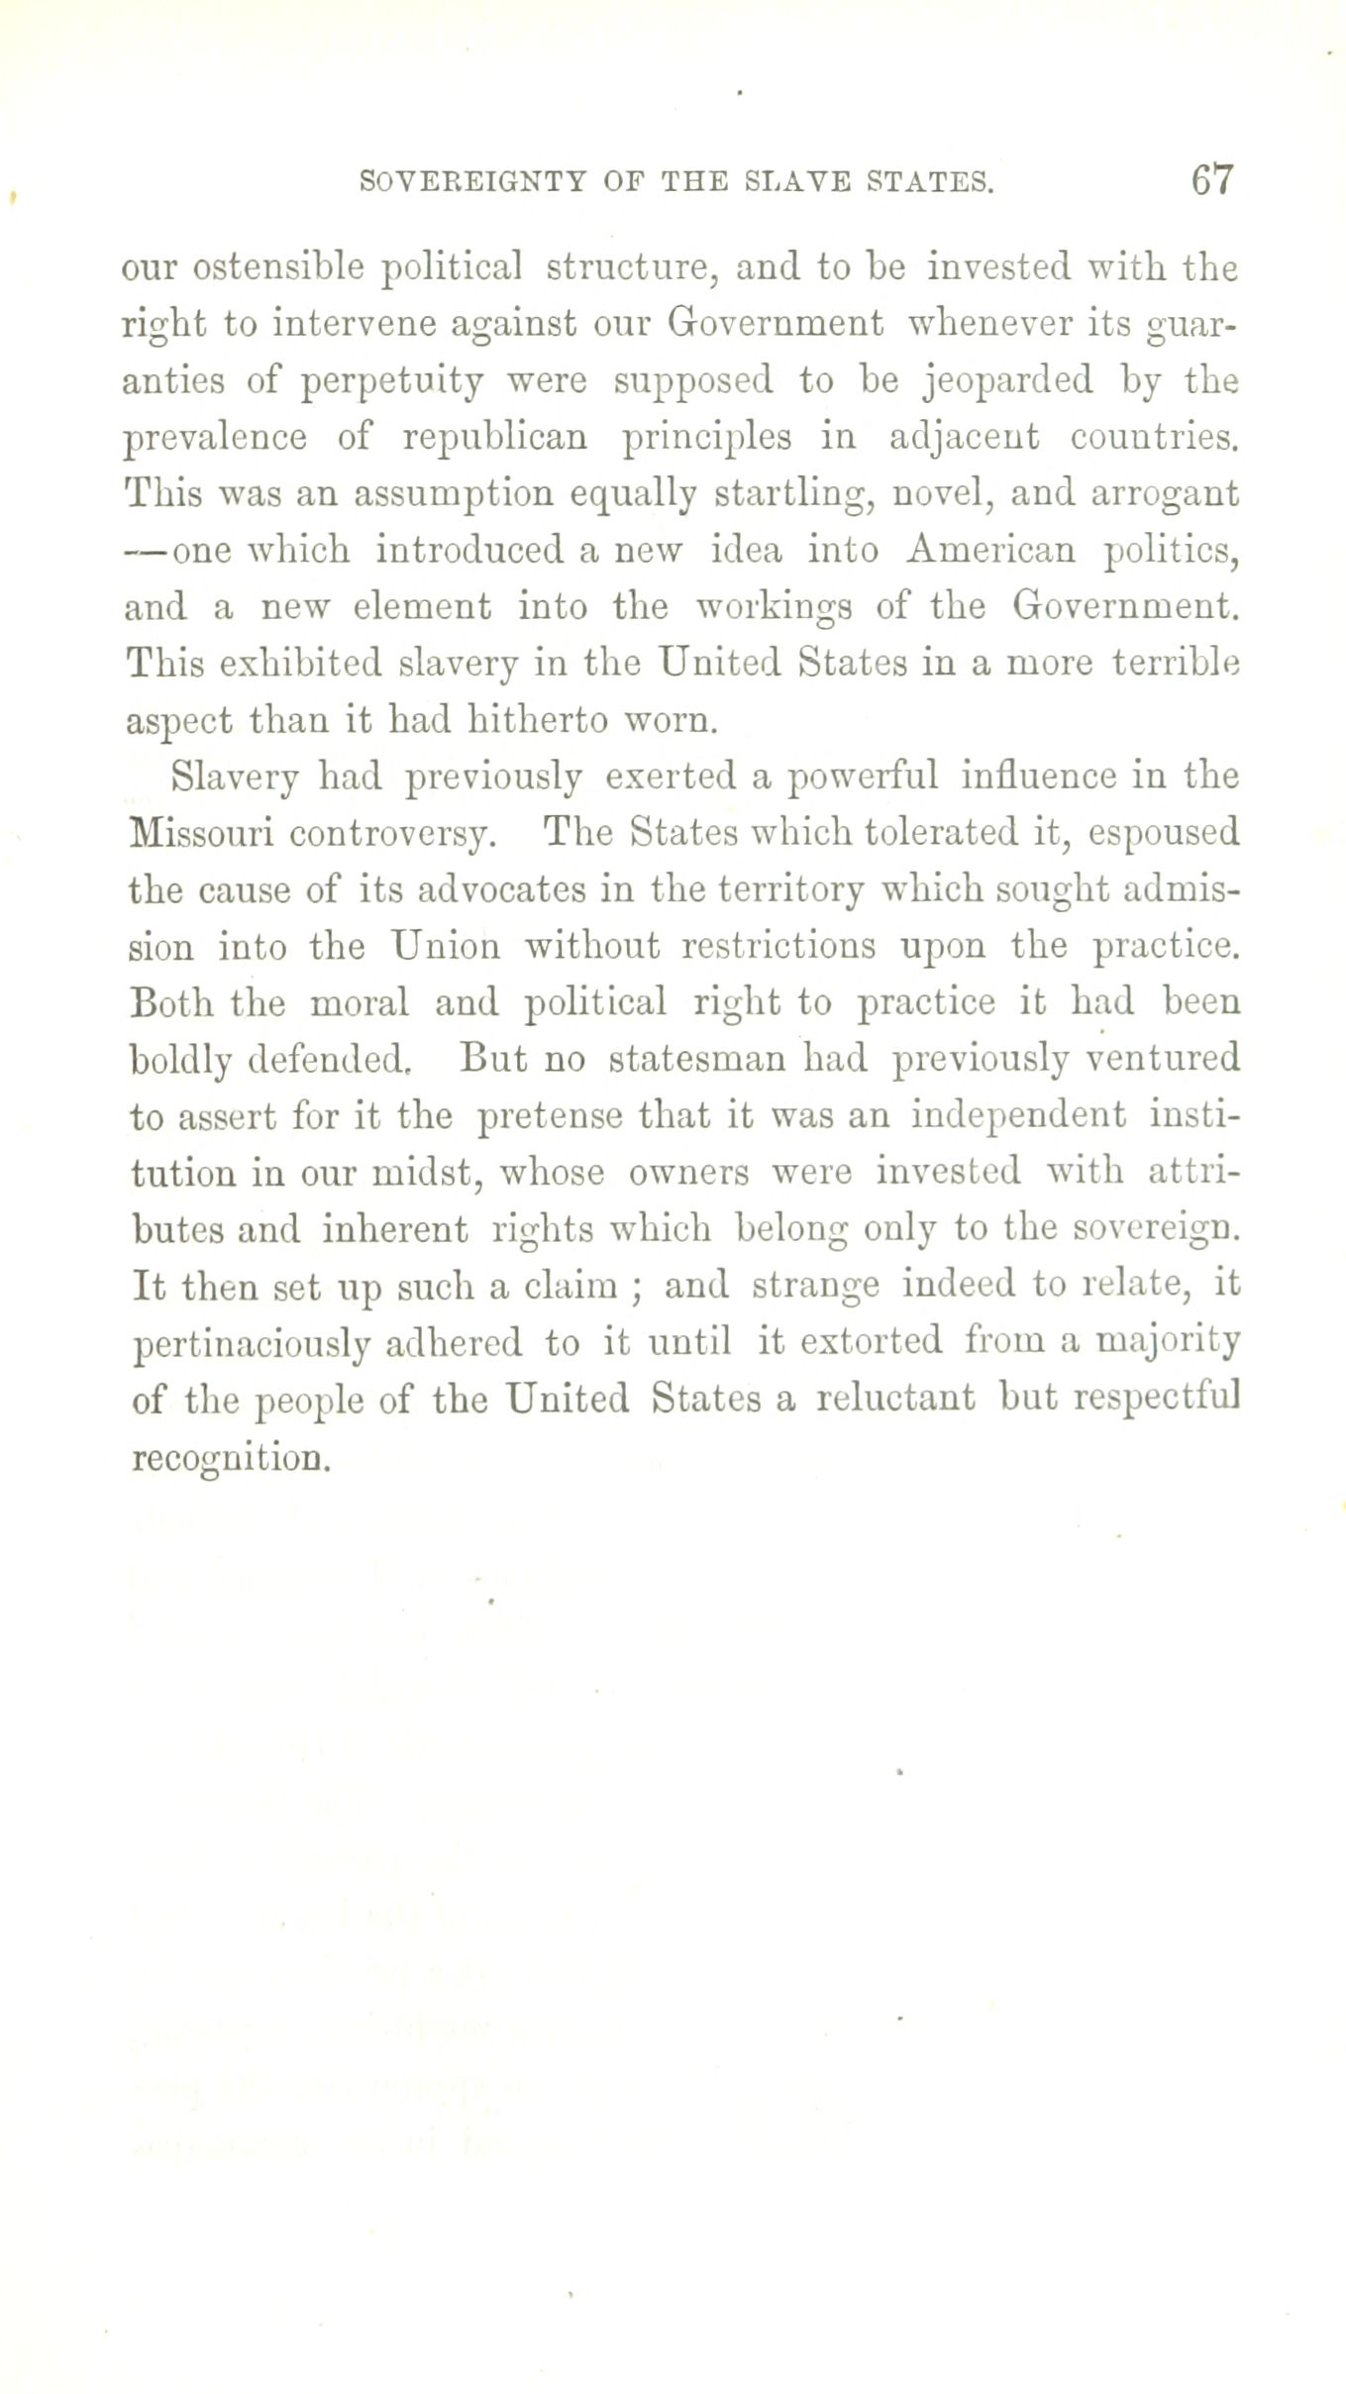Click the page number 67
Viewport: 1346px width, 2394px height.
[x=1211, y=180]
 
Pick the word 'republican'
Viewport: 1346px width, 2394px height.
[x=495, y=437]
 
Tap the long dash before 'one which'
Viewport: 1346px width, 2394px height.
[x=148, y=549]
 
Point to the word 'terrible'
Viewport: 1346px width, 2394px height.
[x=1177, y=662]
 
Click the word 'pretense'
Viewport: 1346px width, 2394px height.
[x=548, y=1115]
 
